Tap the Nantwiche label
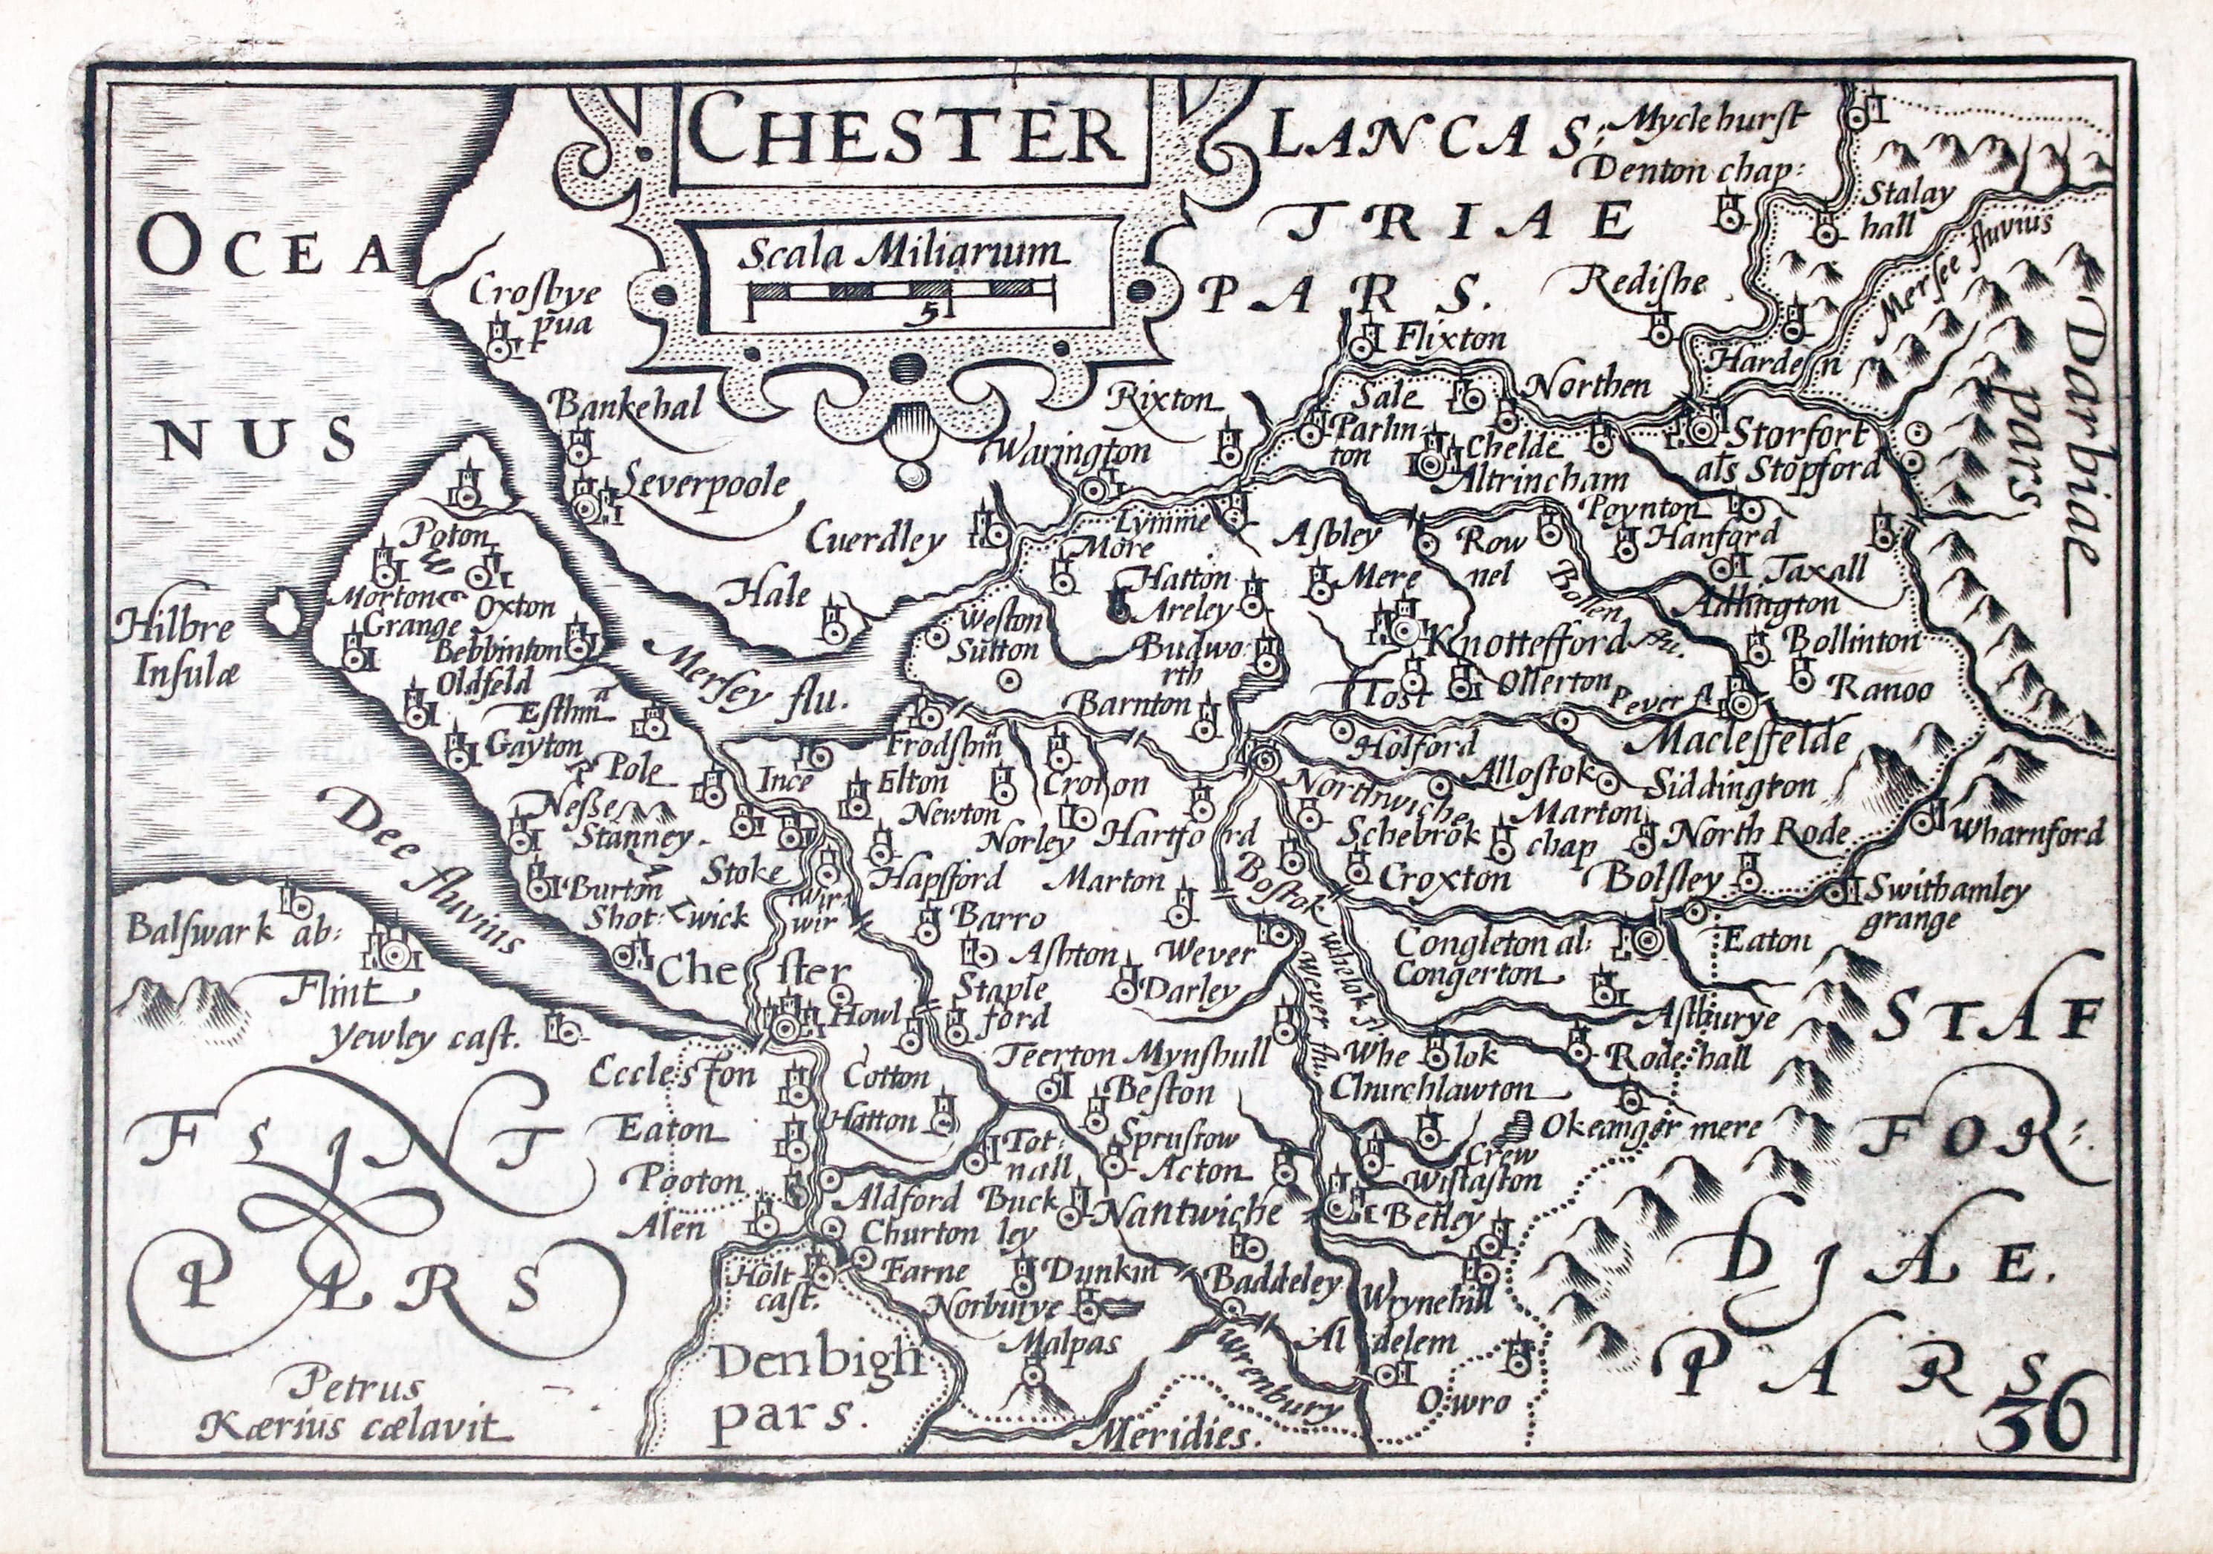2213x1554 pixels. (1192, 1212)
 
